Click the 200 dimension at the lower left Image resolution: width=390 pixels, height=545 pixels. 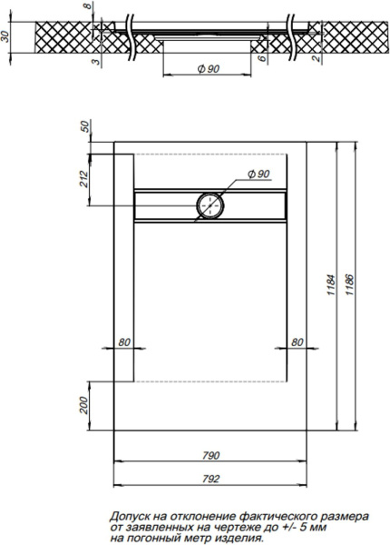point(84,402)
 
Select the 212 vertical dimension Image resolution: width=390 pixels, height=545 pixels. point(84,179)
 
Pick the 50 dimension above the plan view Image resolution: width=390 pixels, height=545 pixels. point(84,126)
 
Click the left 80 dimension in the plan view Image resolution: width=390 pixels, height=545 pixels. point(124,342)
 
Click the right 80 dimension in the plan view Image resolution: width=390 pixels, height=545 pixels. point(297,342)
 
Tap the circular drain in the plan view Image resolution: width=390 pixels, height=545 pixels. point(210,205)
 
